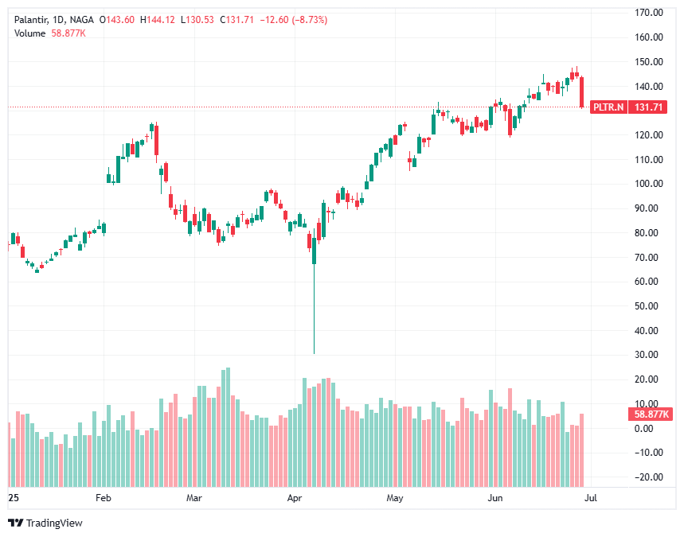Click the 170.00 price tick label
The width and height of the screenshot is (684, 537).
[x=650, y=12]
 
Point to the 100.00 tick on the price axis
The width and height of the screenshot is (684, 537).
[x=650, y=184]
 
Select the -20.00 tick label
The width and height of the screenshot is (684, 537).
[x=649, y=477]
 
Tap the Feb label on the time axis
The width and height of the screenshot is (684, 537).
[x=103, y=499]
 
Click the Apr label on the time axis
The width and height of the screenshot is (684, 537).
[x=295, y=499]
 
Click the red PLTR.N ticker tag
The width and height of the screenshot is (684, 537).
[x=608, y=107]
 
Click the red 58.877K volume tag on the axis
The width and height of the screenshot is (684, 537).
[x=650, y=414]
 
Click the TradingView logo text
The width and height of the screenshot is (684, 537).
[x=54, y=523]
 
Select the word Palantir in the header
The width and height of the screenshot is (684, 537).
[x=30, y=19]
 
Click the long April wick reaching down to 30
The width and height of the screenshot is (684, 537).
[x=315, y=318]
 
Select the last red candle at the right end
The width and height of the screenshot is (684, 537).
[x=583, y=92]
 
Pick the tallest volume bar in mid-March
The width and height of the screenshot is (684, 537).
[x=228, y=427]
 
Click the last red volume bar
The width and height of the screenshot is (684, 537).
[x=583, y=449]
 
